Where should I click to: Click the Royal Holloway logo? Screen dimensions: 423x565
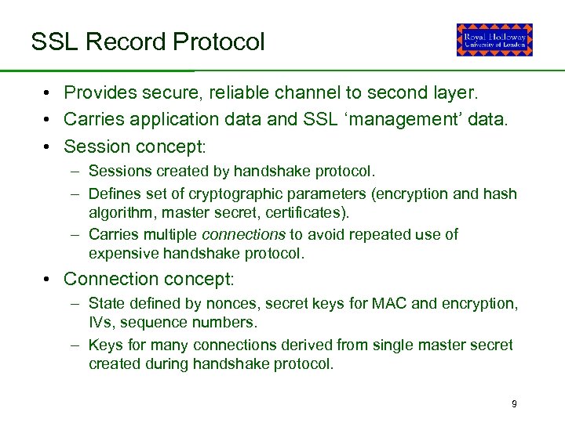tap(494, 40)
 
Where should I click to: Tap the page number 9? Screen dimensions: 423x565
tap(514, 404)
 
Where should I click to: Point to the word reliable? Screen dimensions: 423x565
tap(239, 92)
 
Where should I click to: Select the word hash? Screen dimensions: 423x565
tap(502, 193)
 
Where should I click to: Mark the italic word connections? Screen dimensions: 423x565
tap(243, 234)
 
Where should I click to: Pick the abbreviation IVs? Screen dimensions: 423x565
tap(100, 323)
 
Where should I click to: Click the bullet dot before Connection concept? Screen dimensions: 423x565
tap(49, 280)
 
